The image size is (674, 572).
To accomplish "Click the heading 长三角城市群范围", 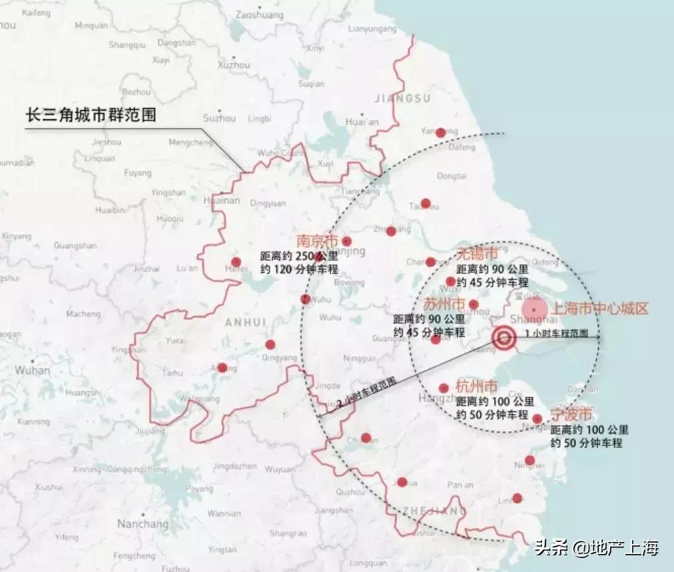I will (x=91, y=115).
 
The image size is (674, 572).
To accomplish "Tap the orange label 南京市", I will (x=317, y=241).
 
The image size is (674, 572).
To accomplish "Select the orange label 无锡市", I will (x=477, y=254).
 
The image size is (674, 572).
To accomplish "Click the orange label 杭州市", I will (x=476, y=387).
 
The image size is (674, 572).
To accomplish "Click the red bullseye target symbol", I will (x=504, y=338).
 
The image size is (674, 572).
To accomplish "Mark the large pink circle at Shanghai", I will (x=534, y=308).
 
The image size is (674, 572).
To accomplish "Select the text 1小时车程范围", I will (x=556, y=333).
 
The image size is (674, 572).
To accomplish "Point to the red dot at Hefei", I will (x=235, y=262).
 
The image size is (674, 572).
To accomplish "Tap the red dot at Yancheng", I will (x=440, y=133).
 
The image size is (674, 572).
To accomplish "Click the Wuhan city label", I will (x=32, y=370).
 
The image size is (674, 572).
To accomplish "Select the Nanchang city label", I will (x=143, y=524).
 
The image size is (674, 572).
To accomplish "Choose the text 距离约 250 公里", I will (x=300, y=257).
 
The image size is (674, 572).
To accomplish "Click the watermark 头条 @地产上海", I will (x=595, y=548).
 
